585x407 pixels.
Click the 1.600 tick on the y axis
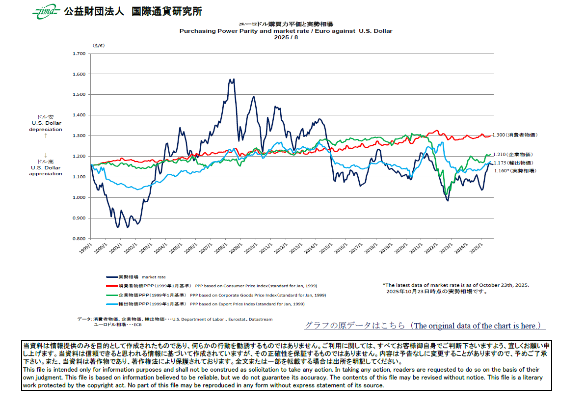click(79, 74)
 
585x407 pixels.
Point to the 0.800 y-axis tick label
click(79, 239)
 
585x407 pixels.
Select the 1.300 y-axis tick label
click(79, 136)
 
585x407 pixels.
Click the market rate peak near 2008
click(233, 79)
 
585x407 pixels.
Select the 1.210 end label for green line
click(513, 154)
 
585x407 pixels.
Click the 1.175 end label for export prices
click(513, 163)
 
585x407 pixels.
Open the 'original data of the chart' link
click(425, 326)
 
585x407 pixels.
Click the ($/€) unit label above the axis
click(99, 45)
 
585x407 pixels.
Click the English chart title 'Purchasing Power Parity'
click(286, 31)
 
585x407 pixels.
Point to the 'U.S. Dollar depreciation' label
click(46, 126)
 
